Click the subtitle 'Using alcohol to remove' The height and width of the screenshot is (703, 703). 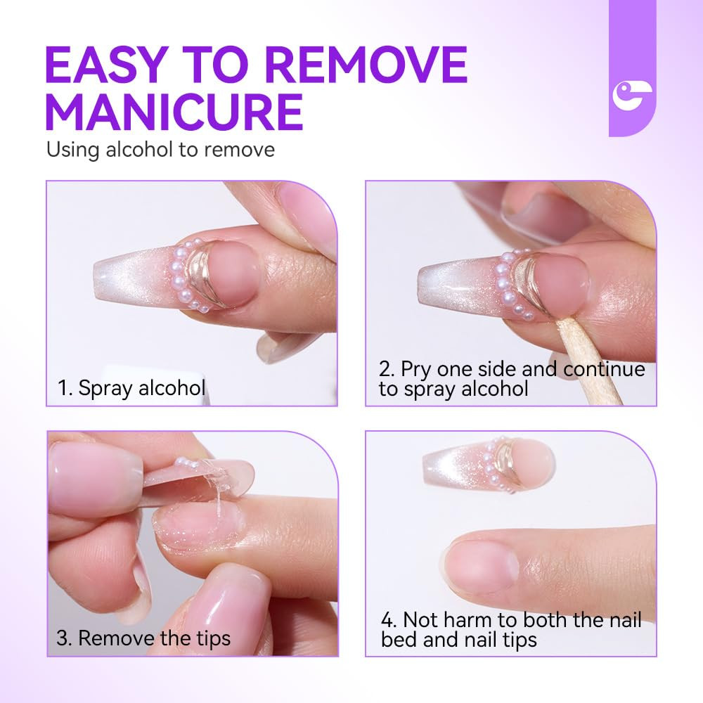pos(160,150)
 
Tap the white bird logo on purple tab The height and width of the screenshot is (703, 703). pos(631,96)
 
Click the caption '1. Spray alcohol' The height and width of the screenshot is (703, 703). pos(131,387)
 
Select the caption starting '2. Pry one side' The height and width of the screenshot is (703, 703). pos(511,379)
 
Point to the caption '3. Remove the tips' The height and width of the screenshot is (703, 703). pos(143,638)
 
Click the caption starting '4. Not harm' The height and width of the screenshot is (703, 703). pos(511,629)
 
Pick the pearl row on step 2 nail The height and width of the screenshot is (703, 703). pos(501,281)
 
